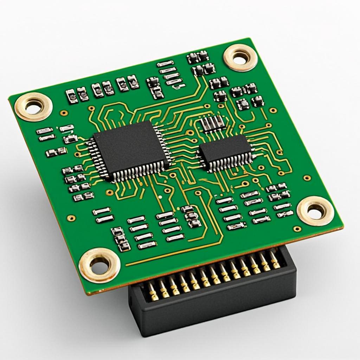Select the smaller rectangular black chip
click(225, 149)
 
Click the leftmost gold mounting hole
click(33, 107)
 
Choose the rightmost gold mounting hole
click(315, 211)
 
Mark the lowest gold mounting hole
click(99, 265)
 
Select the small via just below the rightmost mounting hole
click(297, 229)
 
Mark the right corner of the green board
click(343, 227)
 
